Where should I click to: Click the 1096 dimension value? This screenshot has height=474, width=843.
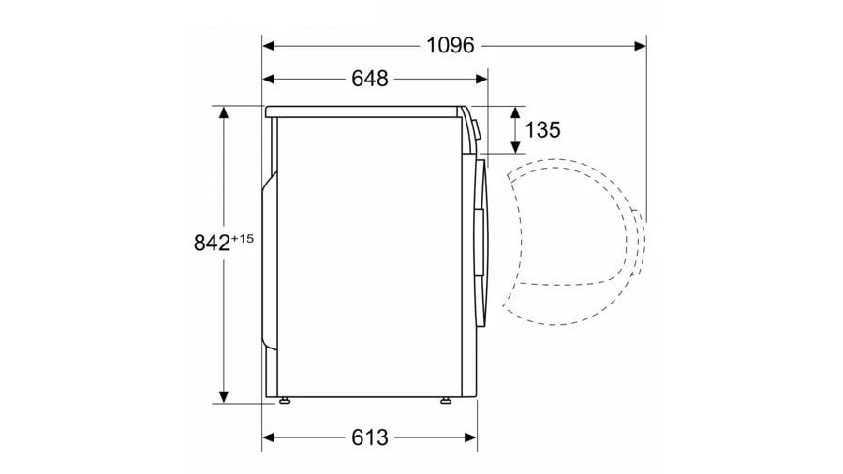(x=451, y=46)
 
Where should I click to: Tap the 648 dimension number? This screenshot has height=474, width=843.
(x=370, y=79)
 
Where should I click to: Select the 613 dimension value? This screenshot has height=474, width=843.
(x=370, y=437)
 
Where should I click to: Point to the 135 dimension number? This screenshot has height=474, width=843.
(x=542, y=129)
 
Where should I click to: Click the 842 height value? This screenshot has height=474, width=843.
(x=212, y=243)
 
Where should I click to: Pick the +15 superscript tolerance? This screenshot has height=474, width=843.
(x=242, y=238)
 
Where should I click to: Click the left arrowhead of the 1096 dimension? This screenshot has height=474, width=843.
(x=269, y=46)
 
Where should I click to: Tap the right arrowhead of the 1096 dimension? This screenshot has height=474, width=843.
(x=640, y=46)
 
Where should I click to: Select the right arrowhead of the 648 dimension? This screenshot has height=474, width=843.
(x=481, y=80)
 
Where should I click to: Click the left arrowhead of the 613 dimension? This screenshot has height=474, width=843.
(x=269, y=437)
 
